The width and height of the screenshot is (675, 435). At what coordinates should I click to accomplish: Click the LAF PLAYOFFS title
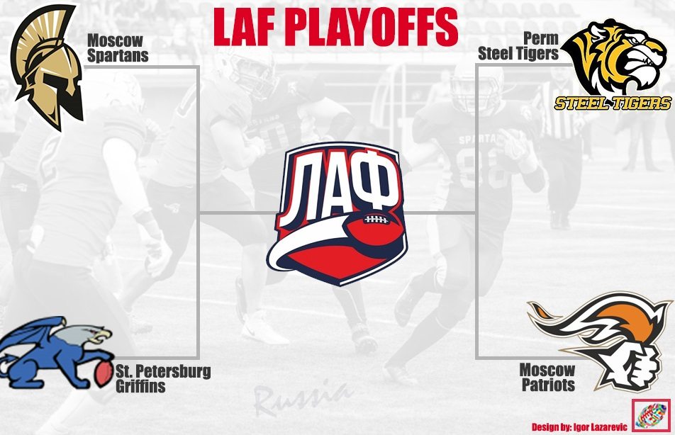335,27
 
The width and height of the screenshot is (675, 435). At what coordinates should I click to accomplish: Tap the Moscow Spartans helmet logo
48,67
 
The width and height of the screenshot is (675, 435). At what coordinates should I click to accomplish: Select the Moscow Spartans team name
118,48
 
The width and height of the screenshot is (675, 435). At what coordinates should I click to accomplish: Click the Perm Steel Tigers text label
518,46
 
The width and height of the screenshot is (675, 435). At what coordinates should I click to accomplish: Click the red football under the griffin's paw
103,373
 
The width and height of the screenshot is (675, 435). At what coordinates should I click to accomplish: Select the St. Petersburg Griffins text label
163,378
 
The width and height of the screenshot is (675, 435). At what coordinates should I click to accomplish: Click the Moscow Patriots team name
547,377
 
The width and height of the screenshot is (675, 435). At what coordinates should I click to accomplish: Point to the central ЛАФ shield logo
337,213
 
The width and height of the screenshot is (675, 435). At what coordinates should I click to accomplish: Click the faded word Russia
301,399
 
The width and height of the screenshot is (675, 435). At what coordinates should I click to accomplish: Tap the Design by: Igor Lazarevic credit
579,426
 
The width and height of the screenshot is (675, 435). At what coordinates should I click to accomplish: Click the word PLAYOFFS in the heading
372,27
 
